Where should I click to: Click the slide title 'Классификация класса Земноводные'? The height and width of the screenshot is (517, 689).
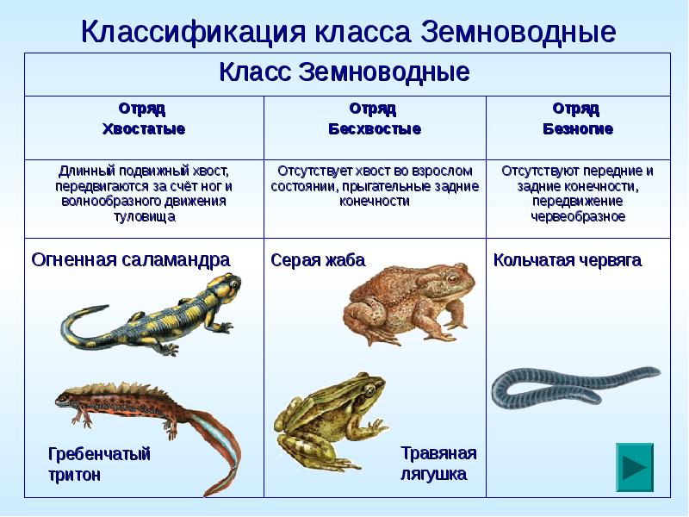(348, 32)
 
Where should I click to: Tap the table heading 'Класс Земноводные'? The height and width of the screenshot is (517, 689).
(344, 72)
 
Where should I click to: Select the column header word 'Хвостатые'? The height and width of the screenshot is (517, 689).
(143, 129)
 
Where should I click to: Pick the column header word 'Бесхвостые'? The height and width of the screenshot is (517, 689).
(374, 129)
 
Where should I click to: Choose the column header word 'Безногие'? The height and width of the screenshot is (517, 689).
(577, 129)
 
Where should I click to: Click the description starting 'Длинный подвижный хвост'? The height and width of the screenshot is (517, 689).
(144, 193)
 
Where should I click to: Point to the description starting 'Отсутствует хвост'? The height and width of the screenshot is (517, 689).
(375, 185)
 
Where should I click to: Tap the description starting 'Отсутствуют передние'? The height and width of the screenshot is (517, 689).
(577, 193)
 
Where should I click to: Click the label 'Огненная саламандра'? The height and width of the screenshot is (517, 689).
(131, 259)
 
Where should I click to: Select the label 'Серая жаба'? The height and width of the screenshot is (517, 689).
(318, 260)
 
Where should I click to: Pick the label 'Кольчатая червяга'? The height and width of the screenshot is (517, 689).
(567, 260)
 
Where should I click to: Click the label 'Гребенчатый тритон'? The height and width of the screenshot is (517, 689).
(99, 464)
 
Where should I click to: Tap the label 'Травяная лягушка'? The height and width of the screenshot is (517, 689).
(438, 463)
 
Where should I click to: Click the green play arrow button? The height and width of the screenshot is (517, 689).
(635, 468)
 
